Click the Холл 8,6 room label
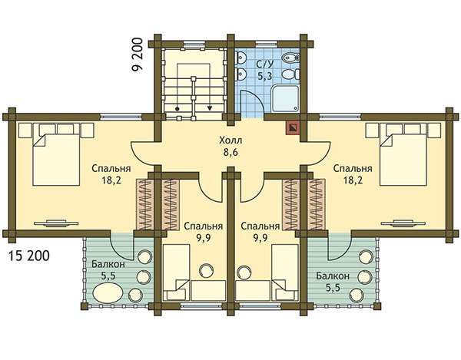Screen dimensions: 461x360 tap(230, 147)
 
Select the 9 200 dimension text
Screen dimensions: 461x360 tap(137, 54)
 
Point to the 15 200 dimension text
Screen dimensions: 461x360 tap(29, 256)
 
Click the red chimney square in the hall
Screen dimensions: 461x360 tap(293, 127)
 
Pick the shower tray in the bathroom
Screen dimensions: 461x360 tap(285, 98)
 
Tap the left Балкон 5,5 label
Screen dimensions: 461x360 tap(108, 270)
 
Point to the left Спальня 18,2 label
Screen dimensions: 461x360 tap(111, 174)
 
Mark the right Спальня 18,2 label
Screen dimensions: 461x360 tap(353, 174)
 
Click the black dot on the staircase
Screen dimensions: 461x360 tap(177, 109)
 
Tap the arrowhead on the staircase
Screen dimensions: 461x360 tap(209, 108)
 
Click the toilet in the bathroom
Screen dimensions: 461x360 tap(290, 74)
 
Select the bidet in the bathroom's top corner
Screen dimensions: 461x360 tap(290, 58)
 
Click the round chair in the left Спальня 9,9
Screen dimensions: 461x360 tap(206, 270)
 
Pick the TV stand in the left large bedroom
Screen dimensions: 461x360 tap(56, 223)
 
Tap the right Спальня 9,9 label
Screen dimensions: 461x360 tap(260, 232)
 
